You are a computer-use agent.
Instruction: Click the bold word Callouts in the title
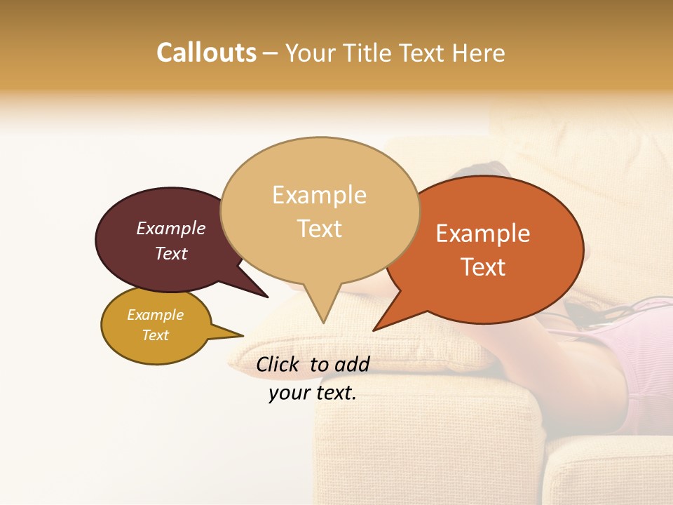(x=206, y=53)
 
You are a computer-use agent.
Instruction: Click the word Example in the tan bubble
(x=319, y=195)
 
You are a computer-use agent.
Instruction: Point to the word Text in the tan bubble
(x=319, y=229)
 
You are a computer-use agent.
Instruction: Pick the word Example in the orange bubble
(x=483, y=234)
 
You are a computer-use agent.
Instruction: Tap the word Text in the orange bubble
(x=483, y=267)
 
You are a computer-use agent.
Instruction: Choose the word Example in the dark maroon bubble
(x=171, y=228)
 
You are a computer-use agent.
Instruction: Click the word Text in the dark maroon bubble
(x=171, y=253)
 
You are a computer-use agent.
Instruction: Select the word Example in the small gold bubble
(x=156, y=315)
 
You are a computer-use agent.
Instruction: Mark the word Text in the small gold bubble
(x=156, y=335)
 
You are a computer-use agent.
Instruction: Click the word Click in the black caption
(x=279, y=364)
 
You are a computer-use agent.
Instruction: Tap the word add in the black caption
(x=352, y=364)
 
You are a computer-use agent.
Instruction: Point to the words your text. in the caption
(x=313, y=393)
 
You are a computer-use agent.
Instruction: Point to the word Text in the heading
(x=426, y=53)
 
